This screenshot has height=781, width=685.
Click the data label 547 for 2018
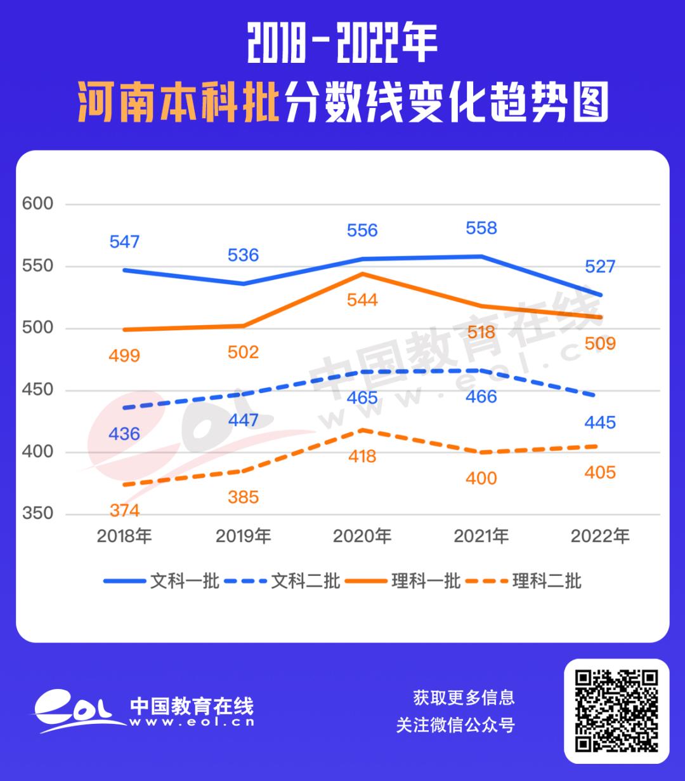pos(124,242)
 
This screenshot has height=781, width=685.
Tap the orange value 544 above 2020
pos(362,300)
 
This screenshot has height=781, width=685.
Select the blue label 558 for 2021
pos(481,228)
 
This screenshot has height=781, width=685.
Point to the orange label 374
pos(124,511)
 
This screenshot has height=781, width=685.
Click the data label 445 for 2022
pos(601,422)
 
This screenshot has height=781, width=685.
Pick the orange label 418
pos(362,456)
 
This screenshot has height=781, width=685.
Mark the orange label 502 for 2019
pos(244,352)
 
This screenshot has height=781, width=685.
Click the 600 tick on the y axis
pos(38,204)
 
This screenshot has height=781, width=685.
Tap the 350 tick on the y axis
pos(38,514)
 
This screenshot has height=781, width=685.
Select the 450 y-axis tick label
pos(38,390)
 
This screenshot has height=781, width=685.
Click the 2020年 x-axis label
pos(362,537)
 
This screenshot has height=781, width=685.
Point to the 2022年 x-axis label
pos(600,537)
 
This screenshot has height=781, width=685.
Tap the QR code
pos(616,711)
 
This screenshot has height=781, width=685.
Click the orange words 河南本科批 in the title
pos(179,102)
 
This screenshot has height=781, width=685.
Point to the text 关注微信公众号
pos(455,725)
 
